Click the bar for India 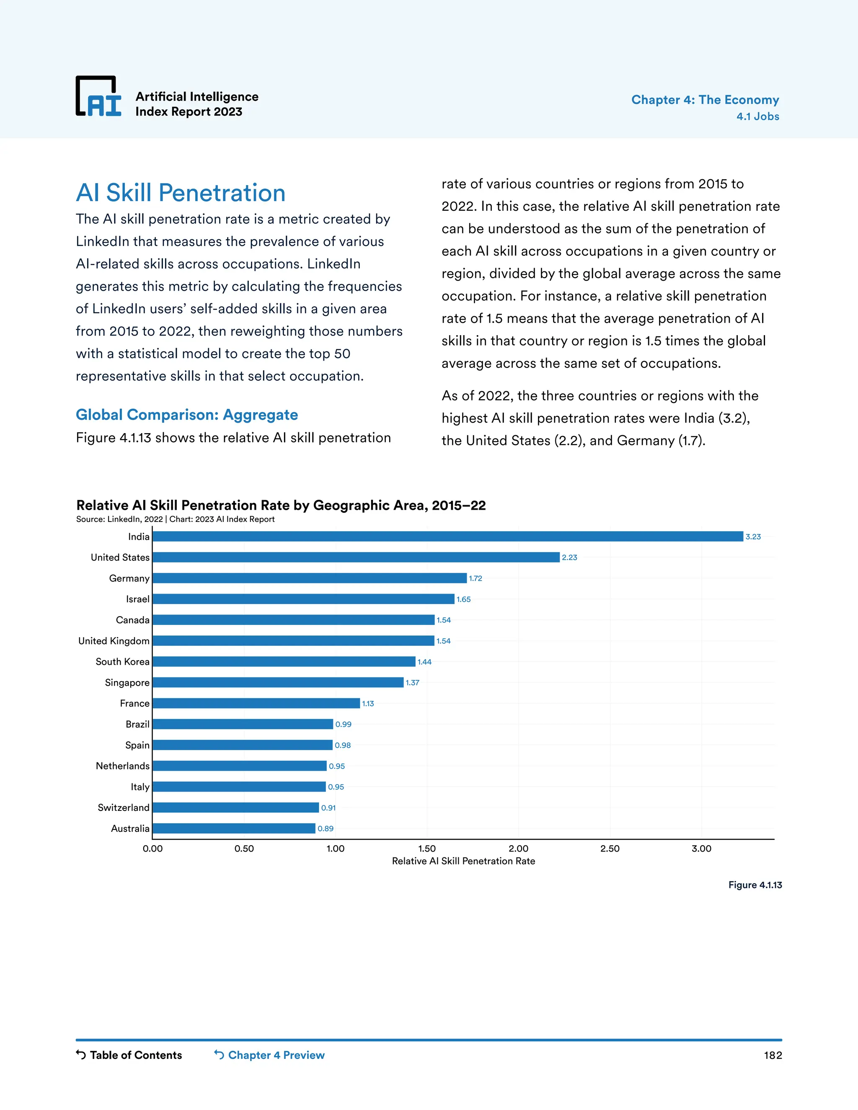click(x=447, y=536)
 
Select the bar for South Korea click(x=284, y=661)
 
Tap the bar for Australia click(x=234, y=828)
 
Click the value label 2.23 click(x=569, y=558)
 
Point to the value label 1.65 click(x=464, y=599)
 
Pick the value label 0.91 click(x=328, y=808)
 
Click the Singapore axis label click(x=127, y=683)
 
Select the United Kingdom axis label click(x=114, y=641)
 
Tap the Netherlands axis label click(x=122, y=766)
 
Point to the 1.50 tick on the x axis click(x=427, y=848)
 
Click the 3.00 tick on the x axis click(x=701, y=848)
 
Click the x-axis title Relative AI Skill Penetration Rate click(x=463, y=861)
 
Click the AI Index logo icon click(x=98, y=97)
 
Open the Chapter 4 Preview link click(x=269, y=1055)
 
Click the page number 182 click(x=773, y=1056)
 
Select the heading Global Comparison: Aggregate click(x=186, y=415)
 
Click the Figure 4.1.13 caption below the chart click(x=755, y=885)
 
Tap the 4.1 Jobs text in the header click(x=757, y=116)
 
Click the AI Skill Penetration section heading click(x=181, y=193)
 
